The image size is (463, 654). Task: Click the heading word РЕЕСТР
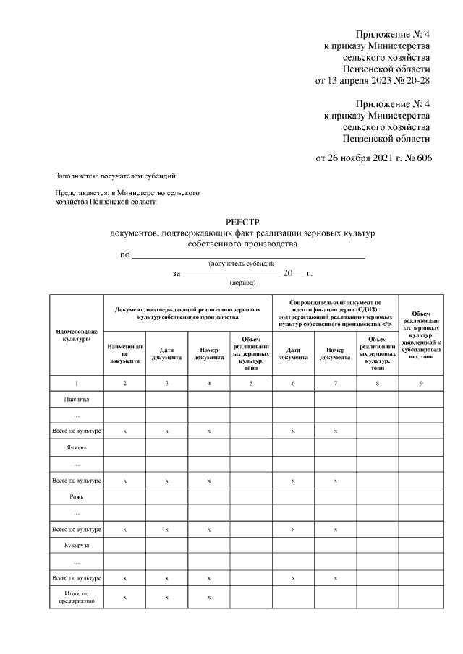click(242, 223)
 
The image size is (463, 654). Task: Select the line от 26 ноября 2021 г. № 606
click(373, 158)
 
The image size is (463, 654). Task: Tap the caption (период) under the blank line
click(242, 283)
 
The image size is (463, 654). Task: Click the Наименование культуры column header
click(77, 335)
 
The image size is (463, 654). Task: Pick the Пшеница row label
click(77, 398)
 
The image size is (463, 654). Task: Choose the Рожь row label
click(77, 497)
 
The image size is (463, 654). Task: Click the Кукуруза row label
click(77, 546)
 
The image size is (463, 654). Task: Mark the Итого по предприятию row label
click(77, 596)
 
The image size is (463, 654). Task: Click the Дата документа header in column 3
click(167, 353)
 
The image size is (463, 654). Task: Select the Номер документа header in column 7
click(335, 353)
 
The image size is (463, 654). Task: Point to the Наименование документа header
click(125, 353)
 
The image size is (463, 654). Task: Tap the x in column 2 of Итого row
click(125, 596)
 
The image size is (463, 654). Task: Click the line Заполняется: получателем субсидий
click(116, 176)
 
